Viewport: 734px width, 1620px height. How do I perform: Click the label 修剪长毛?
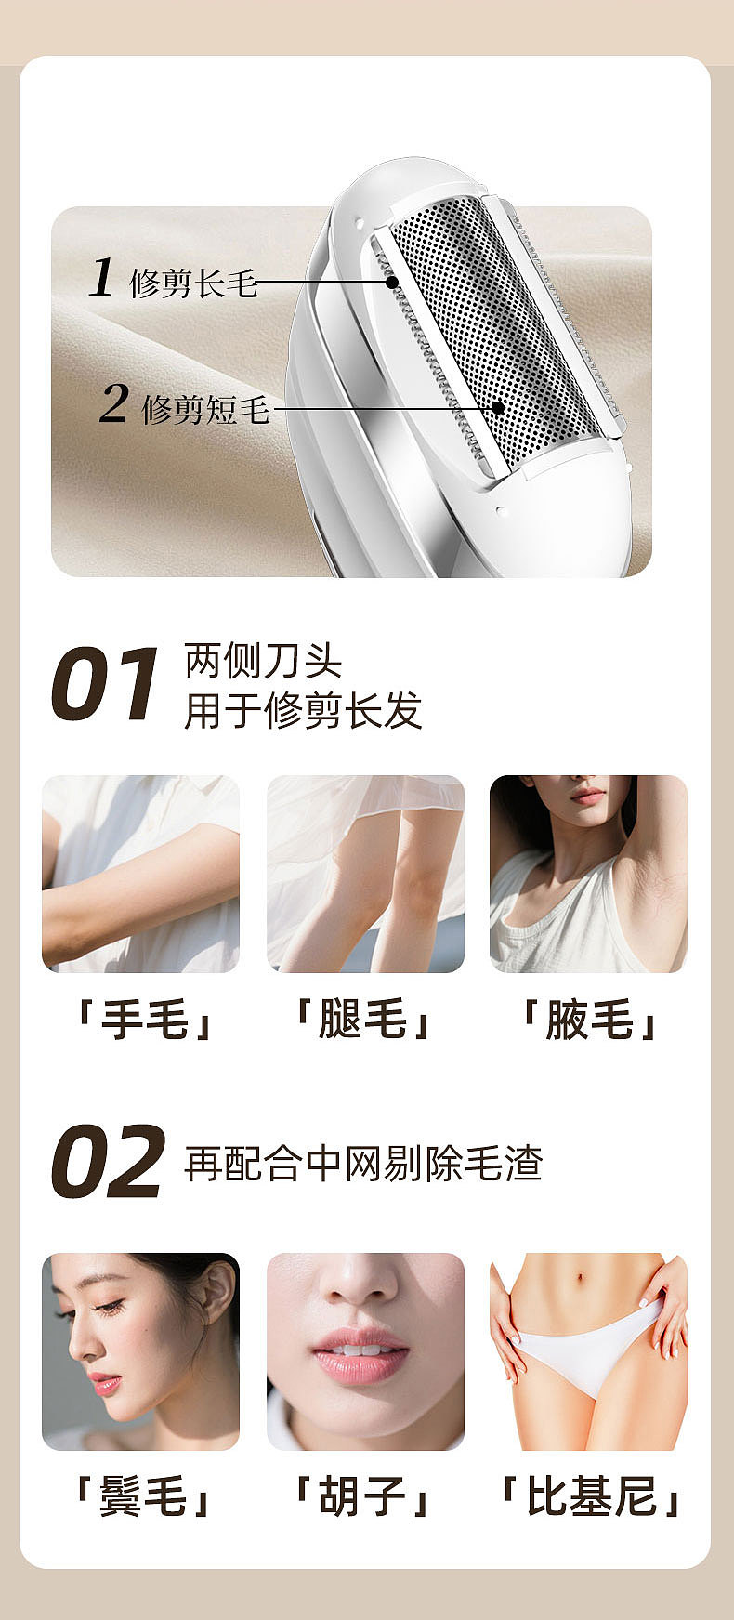click(193, 283)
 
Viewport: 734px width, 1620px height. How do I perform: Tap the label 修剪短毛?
click(205, 409)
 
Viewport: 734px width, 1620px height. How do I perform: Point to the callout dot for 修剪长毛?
click(392, 282)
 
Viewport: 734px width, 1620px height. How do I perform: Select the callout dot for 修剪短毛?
click(498, 408)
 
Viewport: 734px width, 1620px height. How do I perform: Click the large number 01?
click(104, 685)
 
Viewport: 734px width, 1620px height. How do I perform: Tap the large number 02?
click(108, 1162)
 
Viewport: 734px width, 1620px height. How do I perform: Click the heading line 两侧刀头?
click(264, 661)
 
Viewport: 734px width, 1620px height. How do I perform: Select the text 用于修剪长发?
click(303, 711)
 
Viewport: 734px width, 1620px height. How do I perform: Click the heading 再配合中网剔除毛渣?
click(363, 1163)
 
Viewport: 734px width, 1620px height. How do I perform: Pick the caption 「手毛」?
click(143, 1020)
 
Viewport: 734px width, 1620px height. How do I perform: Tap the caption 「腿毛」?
click(363, 1020)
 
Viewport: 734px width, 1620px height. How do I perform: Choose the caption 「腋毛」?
click(589, 1020)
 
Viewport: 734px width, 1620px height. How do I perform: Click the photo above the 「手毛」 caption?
click(140, 874)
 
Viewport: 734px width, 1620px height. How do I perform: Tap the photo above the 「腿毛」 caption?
click(365, 874)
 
